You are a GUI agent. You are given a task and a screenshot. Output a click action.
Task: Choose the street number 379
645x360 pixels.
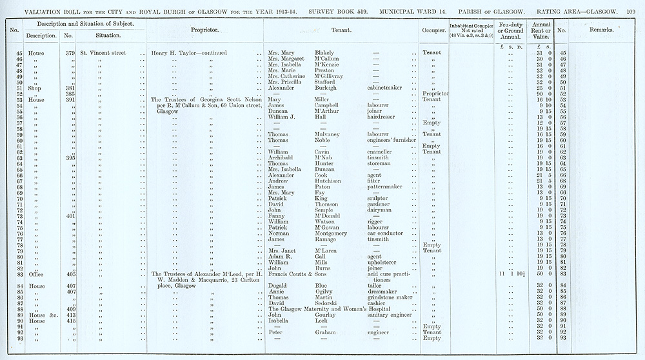(x=70, y=53)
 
